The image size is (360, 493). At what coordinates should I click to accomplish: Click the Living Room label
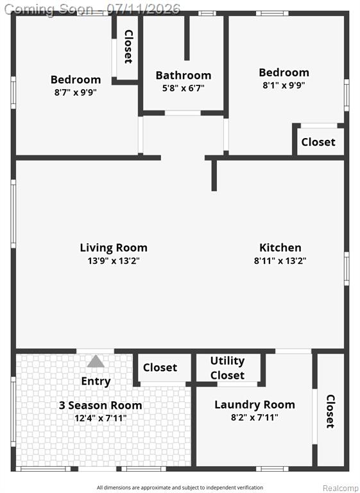[114, 248]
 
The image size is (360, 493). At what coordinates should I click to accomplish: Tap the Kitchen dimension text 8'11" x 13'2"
[280, 261]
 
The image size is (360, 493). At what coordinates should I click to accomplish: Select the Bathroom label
[184, 76]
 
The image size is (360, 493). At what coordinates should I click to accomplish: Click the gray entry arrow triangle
[96, 361]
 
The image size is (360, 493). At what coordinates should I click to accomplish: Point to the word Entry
[96, 381]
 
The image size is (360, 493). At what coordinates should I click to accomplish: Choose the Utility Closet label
[227, 368]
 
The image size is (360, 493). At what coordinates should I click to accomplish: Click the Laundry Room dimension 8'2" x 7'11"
[255, 417]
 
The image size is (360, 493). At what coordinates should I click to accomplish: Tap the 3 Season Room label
[100, 405]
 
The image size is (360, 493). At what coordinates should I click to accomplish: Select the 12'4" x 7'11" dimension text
[101, 418]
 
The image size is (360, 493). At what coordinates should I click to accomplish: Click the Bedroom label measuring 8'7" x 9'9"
[76, 80]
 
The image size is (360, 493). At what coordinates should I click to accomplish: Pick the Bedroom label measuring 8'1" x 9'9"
[284, 73]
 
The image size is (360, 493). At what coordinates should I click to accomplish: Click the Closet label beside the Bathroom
[128, 46]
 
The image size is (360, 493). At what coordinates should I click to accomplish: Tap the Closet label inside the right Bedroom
[318, 142]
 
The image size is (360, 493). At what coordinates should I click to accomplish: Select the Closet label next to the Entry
[160, 368]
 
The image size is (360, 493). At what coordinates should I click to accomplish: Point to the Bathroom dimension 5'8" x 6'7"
[184, 88]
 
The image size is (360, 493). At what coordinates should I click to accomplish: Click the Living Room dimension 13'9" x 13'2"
[114, 261]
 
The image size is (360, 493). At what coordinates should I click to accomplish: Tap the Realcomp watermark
[341, 488]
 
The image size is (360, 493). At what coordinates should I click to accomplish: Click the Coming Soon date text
[92, 9]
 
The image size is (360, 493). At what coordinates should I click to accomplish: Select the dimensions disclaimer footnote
[180, 488]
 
